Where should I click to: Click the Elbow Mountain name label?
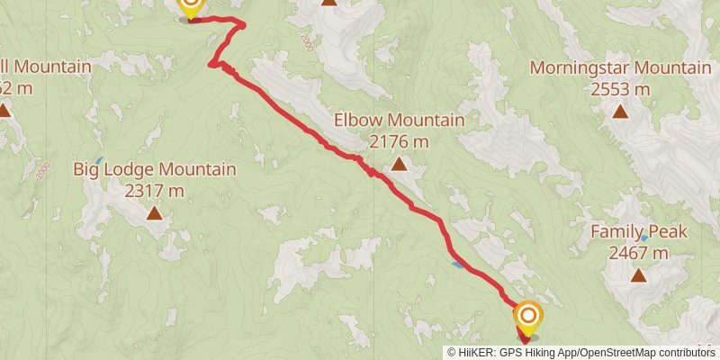(x=399, y=120)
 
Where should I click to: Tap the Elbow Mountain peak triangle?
(x=399, y=164)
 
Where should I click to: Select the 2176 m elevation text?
(x=399, y=141)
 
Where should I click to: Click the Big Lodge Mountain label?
(x=155, y=169)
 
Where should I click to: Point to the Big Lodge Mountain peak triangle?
(x=155, y=213)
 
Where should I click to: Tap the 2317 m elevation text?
(x=155, y=191)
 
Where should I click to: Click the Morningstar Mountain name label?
(x=620, y=67)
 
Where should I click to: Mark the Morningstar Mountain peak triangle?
(x=620, y=112)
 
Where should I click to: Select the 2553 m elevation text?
(x=620, y=89)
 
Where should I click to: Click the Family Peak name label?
(x=638, y=231)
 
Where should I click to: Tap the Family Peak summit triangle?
(x=638, y=274)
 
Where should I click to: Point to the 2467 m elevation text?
(x=638, y=253)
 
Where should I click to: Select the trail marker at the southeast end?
(x=527, y=317)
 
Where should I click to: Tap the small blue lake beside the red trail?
(x=459, y=264)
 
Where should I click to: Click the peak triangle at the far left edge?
(x=4, y=112)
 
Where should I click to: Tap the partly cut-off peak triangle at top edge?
(x=329, y=3)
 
